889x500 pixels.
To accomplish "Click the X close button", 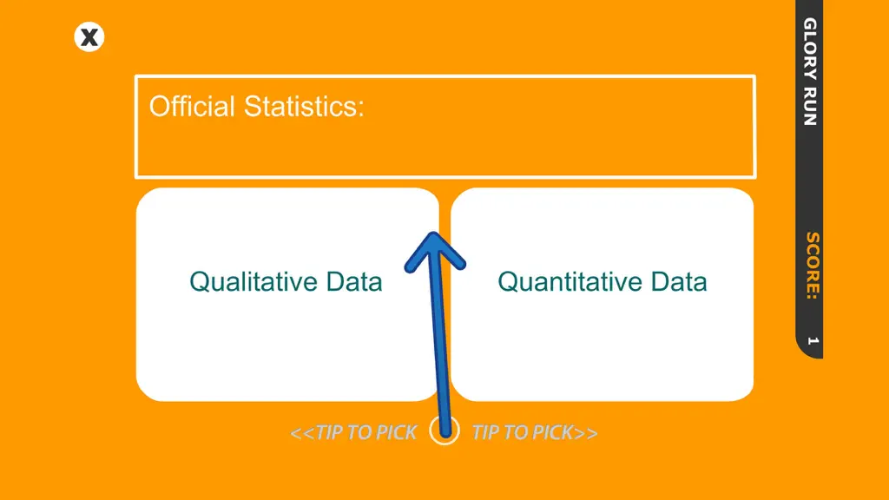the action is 89,37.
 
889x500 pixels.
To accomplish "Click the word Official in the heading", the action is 192,106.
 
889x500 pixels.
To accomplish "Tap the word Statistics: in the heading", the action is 304,106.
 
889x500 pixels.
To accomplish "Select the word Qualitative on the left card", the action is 253,282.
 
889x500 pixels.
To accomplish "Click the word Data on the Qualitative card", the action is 354,282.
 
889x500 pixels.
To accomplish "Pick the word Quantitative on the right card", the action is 569,282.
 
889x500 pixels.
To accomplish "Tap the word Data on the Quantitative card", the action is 679,282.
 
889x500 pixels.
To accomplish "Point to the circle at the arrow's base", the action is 444,431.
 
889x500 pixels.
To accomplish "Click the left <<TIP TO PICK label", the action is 354,432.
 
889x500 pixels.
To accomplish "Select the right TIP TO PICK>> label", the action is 535,432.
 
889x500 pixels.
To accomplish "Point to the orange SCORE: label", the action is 812,266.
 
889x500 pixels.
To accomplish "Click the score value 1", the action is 813,340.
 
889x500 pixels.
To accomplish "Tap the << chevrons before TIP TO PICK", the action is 302,433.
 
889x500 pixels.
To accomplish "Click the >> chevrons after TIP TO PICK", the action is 586,433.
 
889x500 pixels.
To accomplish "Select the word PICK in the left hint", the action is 396,432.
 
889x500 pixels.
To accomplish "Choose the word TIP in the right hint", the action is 485,432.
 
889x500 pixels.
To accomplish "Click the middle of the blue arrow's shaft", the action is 440,334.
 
